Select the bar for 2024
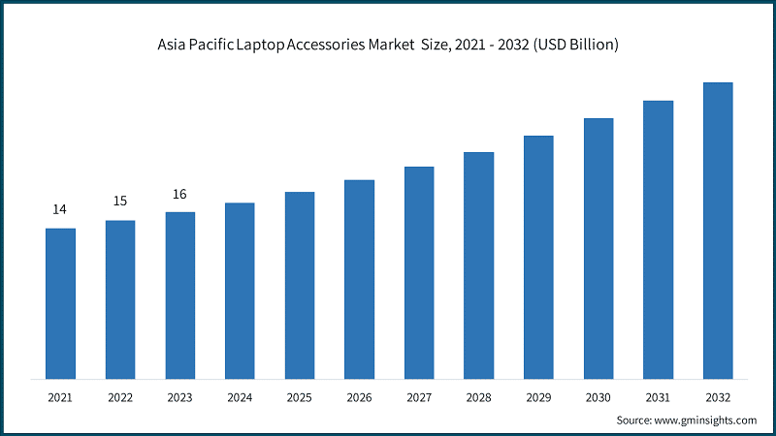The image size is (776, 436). pos(240,291)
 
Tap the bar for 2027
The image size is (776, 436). pos(419,272)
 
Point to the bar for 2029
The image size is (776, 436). pos(538,257)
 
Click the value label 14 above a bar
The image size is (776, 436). pos(60,209)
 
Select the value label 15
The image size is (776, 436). pos(120,202)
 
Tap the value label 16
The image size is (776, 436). pos(179,194)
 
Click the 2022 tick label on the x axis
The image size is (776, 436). pos(120,397)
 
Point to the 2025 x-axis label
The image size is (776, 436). pos(300,397)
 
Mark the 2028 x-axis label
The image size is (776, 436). pos(478,397)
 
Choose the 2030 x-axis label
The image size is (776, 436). pos(598,397)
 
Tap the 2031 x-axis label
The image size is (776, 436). pos(658,397)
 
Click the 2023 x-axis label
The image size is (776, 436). pos(179,397)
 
